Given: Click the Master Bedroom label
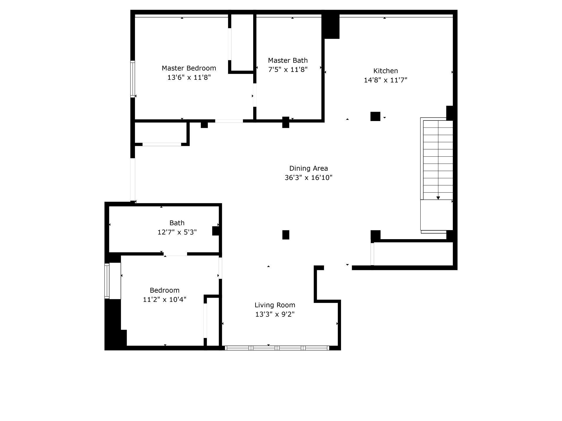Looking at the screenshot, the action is [189, 68].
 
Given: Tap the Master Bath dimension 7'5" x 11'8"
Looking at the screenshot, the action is [288, 70].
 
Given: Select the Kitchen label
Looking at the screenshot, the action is [385, 71].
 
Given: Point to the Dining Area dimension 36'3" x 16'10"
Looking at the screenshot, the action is [309, 177].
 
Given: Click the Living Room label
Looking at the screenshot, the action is [275, 305].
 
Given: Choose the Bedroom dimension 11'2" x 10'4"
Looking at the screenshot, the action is [165, 300].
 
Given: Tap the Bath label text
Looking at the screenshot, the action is [177, 223].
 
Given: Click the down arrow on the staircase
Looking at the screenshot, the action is [438, 198].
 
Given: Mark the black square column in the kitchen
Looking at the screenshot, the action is [375, 116].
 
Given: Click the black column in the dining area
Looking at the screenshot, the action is [286, 235].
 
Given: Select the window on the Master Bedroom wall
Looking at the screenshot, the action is [133, 79].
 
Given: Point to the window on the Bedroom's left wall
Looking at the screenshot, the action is [107, 281].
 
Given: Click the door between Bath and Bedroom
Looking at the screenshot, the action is [175, 254].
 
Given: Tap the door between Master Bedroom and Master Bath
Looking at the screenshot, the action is [255, 95].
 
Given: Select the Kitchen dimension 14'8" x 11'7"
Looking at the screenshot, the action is [385, 80].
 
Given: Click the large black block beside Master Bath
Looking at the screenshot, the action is [331, 26].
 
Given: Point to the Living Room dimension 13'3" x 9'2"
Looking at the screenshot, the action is [275, 314].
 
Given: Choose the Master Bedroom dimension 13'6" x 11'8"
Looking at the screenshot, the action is [189, 77].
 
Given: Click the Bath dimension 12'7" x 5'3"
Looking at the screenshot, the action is [177, 232].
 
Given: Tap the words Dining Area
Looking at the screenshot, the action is [309, 168].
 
